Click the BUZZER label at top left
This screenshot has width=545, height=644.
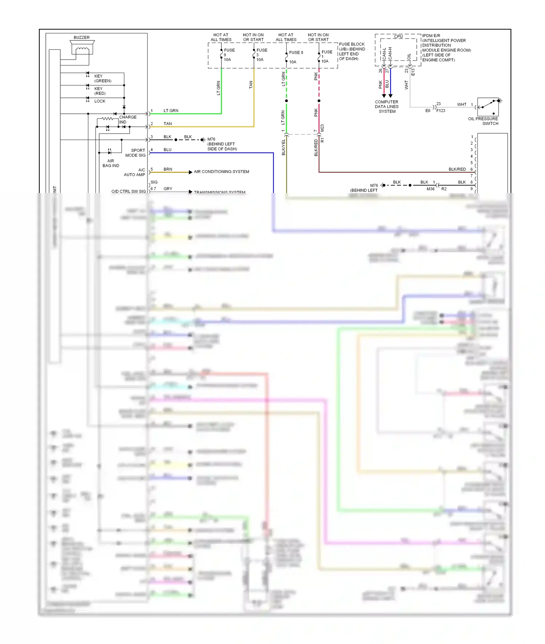point(81,37)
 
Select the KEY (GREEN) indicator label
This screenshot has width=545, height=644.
point(102,79)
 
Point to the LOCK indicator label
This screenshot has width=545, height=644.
point(100,101)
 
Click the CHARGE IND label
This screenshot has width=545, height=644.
point(128,119)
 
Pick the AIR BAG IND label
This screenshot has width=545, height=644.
point(110,163)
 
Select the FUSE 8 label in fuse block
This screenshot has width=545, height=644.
point(296,53)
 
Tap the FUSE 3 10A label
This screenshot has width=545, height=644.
point(261,55)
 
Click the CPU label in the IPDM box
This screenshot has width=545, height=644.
point(398,36)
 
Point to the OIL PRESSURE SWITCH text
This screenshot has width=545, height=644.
point(483,121)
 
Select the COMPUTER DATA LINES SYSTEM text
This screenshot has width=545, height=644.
point(387,107)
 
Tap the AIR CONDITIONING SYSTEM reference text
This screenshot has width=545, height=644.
point(221,172)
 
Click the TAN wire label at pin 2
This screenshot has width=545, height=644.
point(167,124)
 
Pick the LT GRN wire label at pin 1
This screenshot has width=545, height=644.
point(171,110)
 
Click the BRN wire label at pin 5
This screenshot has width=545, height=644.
point(167,169)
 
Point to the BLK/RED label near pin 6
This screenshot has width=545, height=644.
point(457,169)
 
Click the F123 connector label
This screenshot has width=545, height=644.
point(441,110)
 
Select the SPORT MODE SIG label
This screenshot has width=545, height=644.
point(135,153)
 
